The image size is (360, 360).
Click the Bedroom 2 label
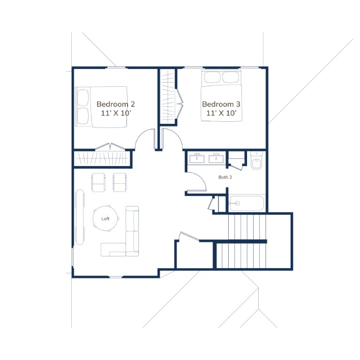[x=115, y=104]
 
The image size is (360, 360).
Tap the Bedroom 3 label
[x=221, y=104]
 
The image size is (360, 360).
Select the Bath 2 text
[x=225, y=177]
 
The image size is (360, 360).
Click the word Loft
[x=105, y=218]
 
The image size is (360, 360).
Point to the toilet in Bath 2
[x=256, y=160]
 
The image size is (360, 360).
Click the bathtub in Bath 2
[x=247, y=203]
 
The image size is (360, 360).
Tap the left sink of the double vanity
[x=197, y=158]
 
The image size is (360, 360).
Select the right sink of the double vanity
[x=216, y=158]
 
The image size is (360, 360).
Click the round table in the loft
[x=105, y=218]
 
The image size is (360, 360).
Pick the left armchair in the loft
[x=99, y=182]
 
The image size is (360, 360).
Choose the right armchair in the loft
[x=120, y=182]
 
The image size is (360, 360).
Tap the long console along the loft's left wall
[x=80, y=217]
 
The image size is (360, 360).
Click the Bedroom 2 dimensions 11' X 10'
[x=116, y=113]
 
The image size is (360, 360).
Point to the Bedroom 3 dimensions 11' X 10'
[x=221, y=113]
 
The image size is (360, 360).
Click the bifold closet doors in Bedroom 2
[x=110, y=147]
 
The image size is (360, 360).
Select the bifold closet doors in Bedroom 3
[x=180, y=104]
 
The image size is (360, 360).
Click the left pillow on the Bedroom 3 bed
[x=212, y=77]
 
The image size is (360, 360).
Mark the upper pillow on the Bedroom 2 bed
[x=82, y=97]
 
